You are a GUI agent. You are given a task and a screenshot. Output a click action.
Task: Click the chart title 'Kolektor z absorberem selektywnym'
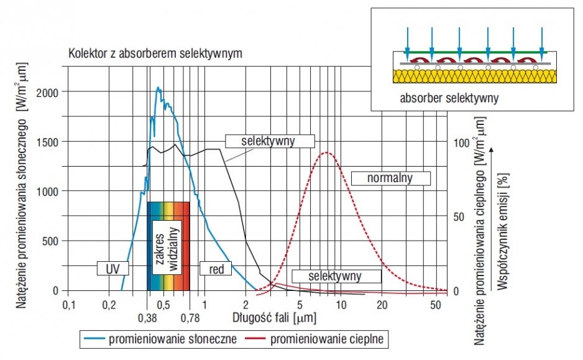[155, 53]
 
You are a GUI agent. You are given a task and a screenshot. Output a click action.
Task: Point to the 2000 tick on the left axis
[47, 93]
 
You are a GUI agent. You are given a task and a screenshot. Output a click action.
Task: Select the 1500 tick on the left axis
[48, 142]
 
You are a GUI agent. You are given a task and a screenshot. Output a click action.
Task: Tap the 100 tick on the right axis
[461, 143]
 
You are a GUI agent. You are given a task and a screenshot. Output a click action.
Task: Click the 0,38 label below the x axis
[147, 318]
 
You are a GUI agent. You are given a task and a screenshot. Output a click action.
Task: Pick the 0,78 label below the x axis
[190, 318]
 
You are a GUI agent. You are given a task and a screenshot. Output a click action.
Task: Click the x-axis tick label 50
[436, 305]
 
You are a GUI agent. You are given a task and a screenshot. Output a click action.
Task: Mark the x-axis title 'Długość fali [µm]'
[274, 318]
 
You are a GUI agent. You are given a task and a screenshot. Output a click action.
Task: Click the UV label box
[112, 268]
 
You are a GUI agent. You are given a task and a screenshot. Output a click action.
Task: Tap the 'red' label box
[216, 268]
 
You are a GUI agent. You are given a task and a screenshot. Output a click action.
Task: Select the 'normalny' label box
[391, 178]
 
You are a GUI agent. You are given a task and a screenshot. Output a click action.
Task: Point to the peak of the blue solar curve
[158, 88]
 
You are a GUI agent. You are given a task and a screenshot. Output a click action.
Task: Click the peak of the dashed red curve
[327, 152]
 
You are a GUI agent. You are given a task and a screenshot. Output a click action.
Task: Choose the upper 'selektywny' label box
[270, 141]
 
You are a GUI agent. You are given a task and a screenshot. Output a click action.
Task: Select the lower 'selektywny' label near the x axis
[336, 276]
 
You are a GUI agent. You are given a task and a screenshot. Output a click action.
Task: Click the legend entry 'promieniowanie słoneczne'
[160, 339]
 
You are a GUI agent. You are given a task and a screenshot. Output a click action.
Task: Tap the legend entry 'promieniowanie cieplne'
[314, 339]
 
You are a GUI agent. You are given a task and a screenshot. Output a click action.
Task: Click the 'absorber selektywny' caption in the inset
[449, 98]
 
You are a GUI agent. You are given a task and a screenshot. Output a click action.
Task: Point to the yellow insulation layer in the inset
[475, 76]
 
